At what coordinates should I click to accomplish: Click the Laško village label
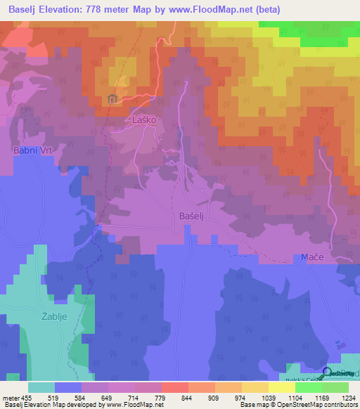pyautogui.click(x=143, y=120)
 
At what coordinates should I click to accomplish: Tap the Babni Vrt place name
pyautogui.click(x=33, y=150)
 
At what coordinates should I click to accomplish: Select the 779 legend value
pyautogui.click(x=161, y=397)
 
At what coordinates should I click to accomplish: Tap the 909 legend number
pyautogui.click(x=214, y=397)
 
